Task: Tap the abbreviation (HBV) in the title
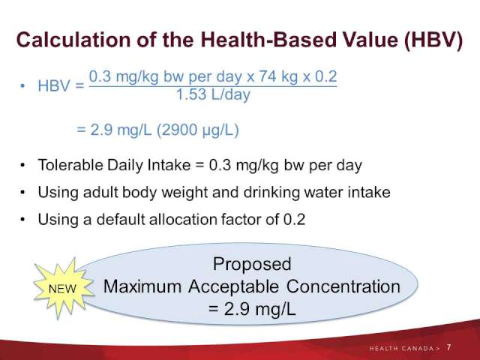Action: (x=433, y=40)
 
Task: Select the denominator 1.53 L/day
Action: (x=213, y=94)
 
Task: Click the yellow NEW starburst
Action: (x=62, y=288)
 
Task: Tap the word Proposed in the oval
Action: (x=252, y=264)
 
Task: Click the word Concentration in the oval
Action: (x=343, y=286)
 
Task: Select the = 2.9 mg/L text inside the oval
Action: (x=252, y=308)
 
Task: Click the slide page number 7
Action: (x=448, y=347)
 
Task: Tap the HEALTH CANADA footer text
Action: (x=401, y=348)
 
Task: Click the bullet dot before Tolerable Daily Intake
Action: (x=22, y=166)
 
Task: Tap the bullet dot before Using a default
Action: (x=22, y=220)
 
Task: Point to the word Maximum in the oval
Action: (x=142, y=286)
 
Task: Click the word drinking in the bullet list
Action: (x=271, y=193)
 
